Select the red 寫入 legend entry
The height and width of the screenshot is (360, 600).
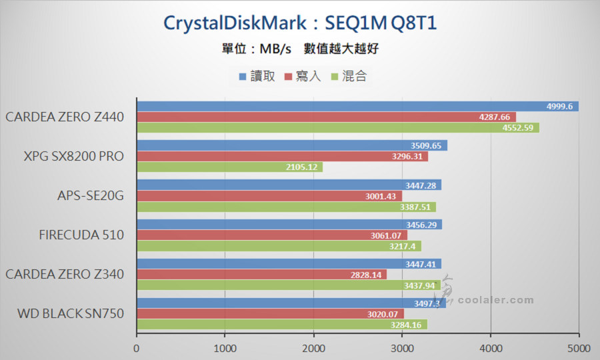pyautogui.click(x=303, y=76)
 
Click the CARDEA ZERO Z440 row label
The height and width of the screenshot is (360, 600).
pyautogui.click(x=65, y=117)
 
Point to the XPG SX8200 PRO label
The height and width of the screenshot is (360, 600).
pyautogui.click(x=74, y=157)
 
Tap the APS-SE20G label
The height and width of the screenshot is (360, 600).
pyautogui.click(x=91, y=196)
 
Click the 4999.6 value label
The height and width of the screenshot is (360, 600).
pyautogui.click(x=559, y=107)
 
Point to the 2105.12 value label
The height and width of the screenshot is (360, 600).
pyautogui.click(x=303, y=167)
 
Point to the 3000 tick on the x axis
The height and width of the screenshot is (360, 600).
pyautogui.click(x=401, y=347)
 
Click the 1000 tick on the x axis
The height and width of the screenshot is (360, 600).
pyautogui.click(x=225, y=347)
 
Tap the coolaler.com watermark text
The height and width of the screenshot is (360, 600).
pyautogui.click(x=495, y=300)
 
